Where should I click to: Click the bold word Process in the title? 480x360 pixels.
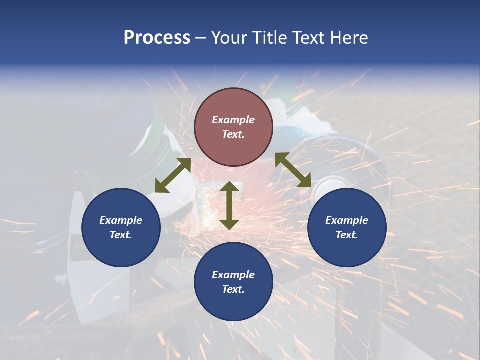tap(157, 38)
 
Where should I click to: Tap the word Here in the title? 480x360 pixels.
tap(348, 38)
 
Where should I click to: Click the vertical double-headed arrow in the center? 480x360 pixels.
tap(229, 205)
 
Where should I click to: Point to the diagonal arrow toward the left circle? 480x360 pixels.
tap(173, 175)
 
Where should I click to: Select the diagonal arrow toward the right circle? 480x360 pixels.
tap(293, 170)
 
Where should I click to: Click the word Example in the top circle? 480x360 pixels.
tap(233, 120)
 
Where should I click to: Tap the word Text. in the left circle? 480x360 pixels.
tap(121, 235)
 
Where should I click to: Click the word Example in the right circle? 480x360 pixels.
tap(347, 220)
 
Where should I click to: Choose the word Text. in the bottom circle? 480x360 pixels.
tap(233, 289)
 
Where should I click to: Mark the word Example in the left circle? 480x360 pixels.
tap(121, 220)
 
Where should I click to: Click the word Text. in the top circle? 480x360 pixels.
tap(233, 134)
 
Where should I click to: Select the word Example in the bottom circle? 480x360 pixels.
tap(233, 275)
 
